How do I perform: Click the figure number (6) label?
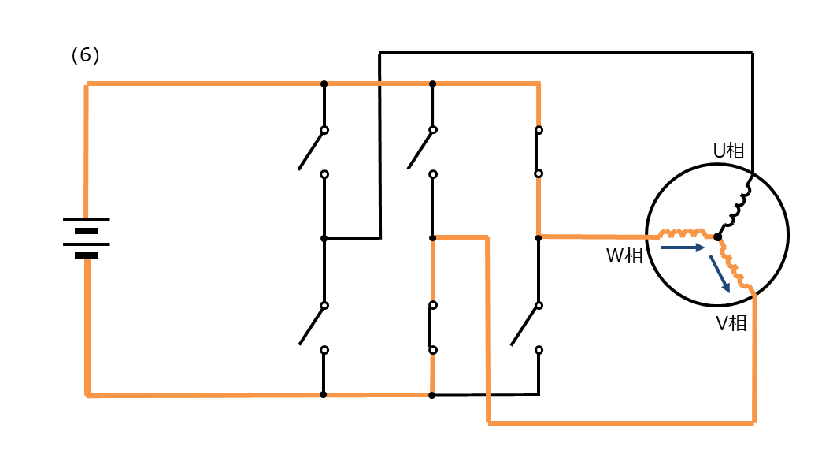point(85,55)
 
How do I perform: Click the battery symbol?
point(86,237)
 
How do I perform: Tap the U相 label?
point(728,151)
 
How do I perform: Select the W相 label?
point(624,255)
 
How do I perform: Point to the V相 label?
point(731,323)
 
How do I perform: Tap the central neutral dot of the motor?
point(718,237)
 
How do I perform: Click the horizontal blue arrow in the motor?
point(683,248)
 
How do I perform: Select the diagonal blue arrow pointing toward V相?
point(720,274)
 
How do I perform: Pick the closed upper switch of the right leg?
point(539,151)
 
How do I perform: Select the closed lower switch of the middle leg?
point(432,328)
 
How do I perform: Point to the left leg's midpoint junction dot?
point(324,239)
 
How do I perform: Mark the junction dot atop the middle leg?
point(432,84)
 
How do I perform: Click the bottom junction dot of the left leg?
point(323,395)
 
